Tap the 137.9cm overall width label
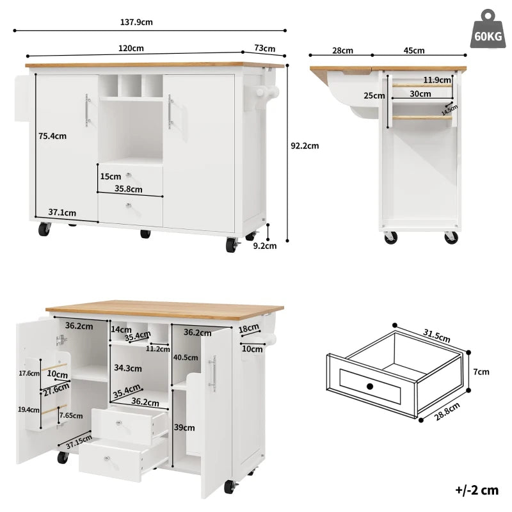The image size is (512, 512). pyautogui.click(x=137, y=22)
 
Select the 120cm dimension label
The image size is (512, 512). pyautogui.click(x=131, y=48)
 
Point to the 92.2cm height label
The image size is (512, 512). pyautogui.click(x=305, y=145)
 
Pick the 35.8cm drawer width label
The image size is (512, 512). pyautogui.click(x=128, y=189)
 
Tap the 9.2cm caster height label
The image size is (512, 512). pyautogui.click(x=265, y=244)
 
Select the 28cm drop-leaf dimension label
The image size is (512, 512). pyautogui.click(x=342, y=51)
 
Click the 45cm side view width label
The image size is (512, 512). pyautogui.click(x=414, y=51)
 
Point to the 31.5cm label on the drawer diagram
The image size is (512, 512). pyautogui.click(x=437, y=335)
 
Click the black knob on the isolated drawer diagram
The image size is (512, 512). pyautogui.click(x=370, y=386)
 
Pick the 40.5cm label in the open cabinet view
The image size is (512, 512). pyautogui.click(x=185, y=358)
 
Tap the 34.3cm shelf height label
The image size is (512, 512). pyautogui.click(x=127, y=368)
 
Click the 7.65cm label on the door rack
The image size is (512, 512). pyautogui.click(x=70, y=415)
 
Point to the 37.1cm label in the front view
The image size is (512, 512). pyautogui.click(x=62, y=212)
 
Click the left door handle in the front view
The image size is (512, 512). pyautogui.click(x=86, y=111)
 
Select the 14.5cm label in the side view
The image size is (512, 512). pyautogui.click(x=449, y=110)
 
